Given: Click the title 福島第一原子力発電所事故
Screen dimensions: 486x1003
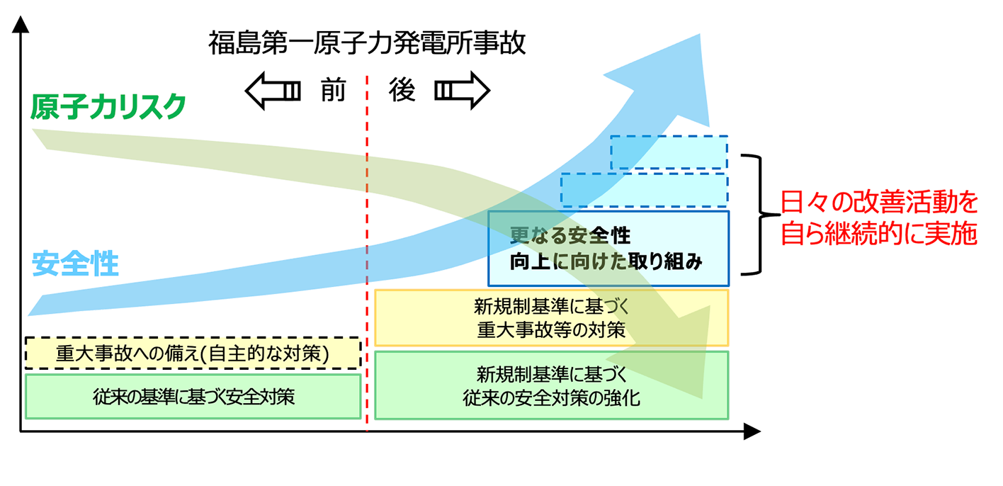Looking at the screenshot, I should [367, 43].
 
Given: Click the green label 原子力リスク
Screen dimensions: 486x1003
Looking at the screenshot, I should [108, 107].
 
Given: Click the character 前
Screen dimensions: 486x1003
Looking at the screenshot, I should [332, 91].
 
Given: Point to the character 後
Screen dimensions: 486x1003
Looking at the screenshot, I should [402, 91].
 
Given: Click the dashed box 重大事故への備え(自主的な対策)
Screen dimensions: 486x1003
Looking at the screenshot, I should [193, 353].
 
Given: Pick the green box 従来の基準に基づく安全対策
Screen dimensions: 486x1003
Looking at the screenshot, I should [193, 396].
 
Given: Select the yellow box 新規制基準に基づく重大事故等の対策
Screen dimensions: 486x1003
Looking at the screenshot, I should [551, 318].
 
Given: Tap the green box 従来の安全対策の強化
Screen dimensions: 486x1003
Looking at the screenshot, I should [551, 385].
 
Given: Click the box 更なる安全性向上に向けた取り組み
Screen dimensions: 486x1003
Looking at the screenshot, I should [608, 248].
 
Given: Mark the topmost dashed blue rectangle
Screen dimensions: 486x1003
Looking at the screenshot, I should [669, 152].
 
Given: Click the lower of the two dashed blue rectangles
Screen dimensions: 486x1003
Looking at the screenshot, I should [644, 190].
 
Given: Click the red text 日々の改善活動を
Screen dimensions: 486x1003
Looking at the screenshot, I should [878, 203].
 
